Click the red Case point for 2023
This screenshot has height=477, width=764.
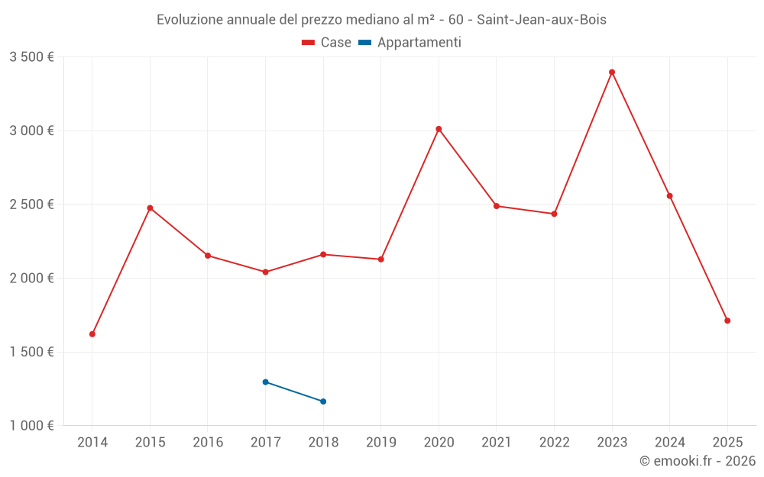pos(612,73)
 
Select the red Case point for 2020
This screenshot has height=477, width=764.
pos(439,129)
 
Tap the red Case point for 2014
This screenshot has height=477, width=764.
pos(92,334)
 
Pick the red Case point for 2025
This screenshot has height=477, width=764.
pos(727,321)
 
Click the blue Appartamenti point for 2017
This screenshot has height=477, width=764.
pos(265,382)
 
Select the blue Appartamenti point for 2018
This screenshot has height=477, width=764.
pos(323,401)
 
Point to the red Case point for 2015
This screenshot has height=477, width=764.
pos(150,208)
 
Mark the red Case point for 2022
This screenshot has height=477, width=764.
pos(554,214)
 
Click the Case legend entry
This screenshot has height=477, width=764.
pos(327,43)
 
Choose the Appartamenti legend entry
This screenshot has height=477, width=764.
pos(410,43)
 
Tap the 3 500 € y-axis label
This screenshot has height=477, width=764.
pos(31,56)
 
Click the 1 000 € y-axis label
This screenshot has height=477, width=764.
pos(31,426)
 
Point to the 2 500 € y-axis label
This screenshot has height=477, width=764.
pos(31,205)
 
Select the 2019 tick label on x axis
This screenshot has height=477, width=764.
pos(381,443)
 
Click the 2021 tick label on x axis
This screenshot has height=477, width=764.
pos(497,443)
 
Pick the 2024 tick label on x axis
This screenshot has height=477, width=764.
pos(670,443)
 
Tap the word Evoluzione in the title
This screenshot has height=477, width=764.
pos(189,20)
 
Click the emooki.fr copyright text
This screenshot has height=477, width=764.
pos(698,461)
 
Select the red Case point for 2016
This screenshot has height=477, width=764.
pos(208,256)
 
